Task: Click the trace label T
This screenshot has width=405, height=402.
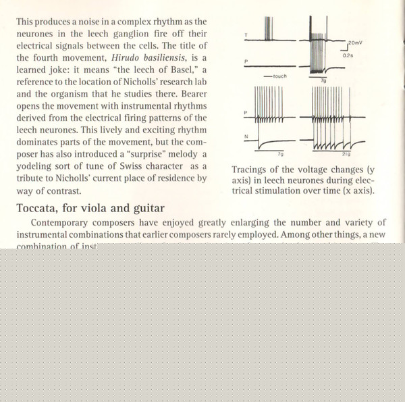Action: pos(246,34)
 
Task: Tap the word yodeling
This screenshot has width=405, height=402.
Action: pos(40,166)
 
